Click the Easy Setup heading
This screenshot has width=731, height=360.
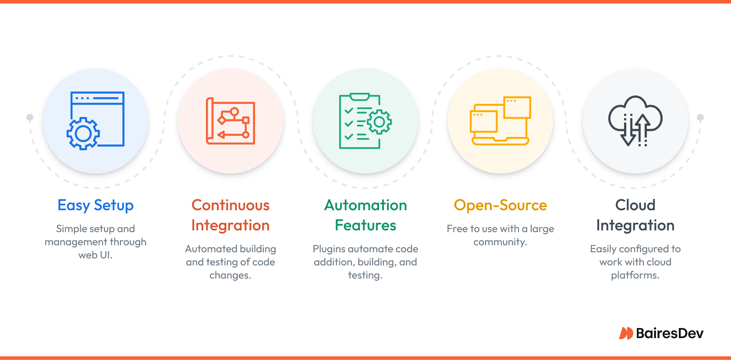95,205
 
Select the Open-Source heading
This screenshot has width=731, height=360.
500,205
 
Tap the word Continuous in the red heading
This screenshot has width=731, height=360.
231,205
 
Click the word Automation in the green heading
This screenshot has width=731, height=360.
365,205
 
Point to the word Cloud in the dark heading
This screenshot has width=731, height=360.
635,205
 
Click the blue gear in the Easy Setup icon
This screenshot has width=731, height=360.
83,134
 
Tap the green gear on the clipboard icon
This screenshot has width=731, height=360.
379,122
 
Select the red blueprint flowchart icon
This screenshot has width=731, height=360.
231,120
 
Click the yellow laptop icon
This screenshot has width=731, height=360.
500,120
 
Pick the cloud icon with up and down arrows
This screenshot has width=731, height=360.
635,120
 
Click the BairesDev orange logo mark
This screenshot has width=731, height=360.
626,333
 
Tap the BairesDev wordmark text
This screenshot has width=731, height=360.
670,333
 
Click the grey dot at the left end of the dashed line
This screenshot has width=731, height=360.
30,117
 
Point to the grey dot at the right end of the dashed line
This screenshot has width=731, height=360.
700,117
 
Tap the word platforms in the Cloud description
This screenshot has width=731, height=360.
635,275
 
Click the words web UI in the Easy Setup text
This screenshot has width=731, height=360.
95,255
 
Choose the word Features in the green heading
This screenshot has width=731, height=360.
365,225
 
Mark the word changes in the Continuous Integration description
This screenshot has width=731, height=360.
231,275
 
